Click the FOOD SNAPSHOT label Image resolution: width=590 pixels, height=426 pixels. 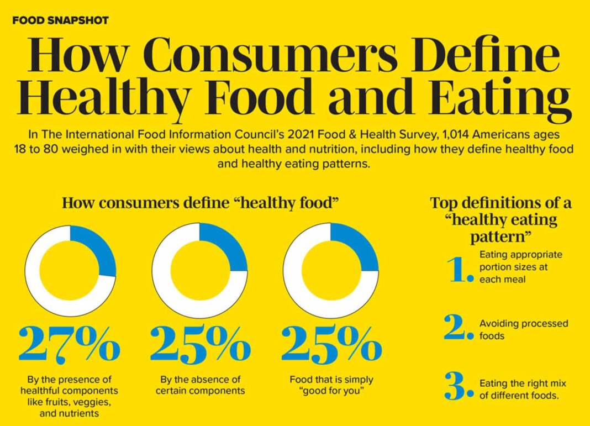coord(61,20)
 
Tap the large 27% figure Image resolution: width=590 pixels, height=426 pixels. coord(69,344)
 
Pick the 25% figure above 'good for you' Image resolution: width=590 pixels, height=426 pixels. coord(331,344)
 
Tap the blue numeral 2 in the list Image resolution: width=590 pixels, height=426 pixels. coord(459,327)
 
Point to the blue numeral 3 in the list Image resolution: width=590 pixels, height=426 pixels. coord(459,386)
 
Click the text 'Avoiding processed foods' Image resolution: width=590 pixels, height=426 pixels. coord(523,329)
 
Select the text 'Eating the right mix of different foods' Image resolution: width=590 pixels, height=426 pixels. coord(523,390)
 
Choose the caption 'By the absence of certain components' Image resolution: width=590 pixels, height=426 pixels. coord(200,385)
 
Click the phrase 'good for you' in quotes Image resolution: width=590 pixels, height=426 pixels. coord(331,391)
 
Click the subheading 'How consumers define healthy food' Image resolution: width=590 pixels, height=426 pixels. coord(201,203)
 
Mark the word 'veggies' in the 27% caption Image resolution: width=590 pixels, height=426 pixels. coord(93,402)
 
